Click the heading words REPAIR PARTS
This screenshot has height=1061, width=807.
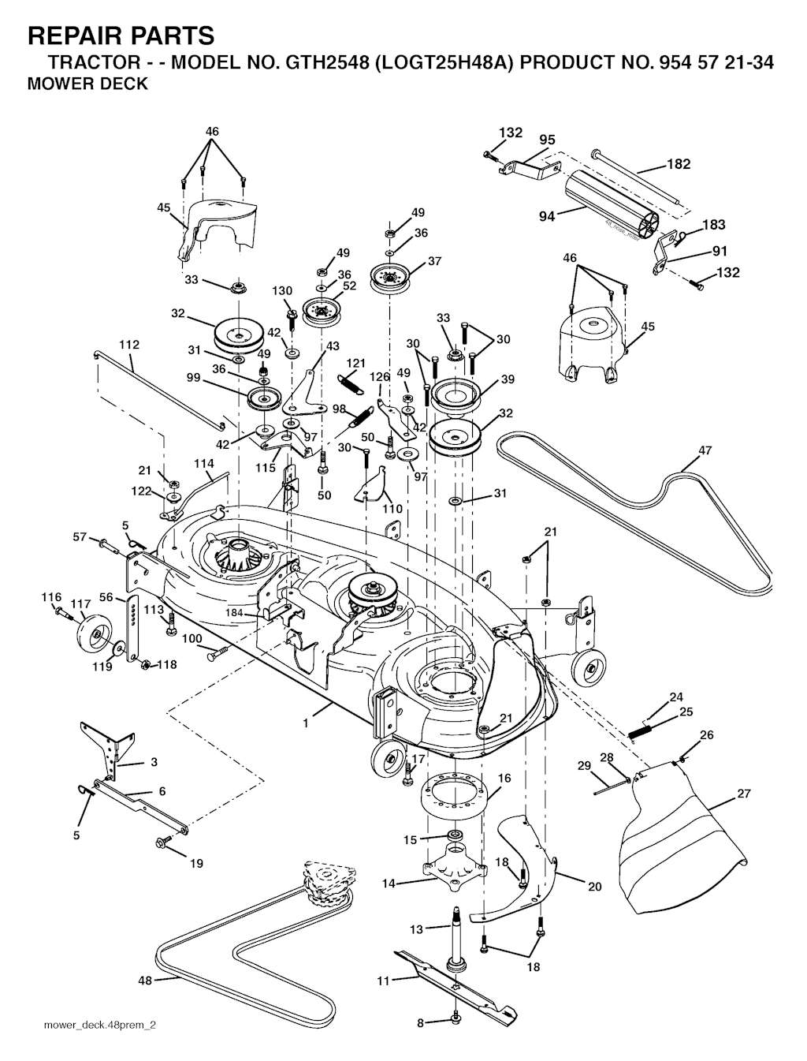pyautogui.click(x=121, y=35)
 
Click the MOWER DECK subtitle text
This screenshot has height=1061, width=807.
pyautogui.click(x=87, y=84)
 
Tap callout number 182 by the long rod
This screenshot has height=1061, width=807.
pyautogui.click(x=679, y=164)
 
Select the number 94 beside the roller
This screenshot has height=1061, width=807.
pyautogui.click(x=547, y=216)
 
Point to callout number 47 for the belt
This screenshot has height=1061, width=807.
pyautogui.click(x=705, y=450)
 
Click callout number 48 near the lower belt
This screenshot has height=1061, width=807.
pyautogui.click(x=145, y=981)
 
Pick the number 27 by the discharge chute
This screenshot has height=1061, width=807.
pyautogui.click(x=744, y=794)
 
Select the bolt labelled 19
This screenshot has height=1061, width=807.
pyautogui.click(x=165, y=842)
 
